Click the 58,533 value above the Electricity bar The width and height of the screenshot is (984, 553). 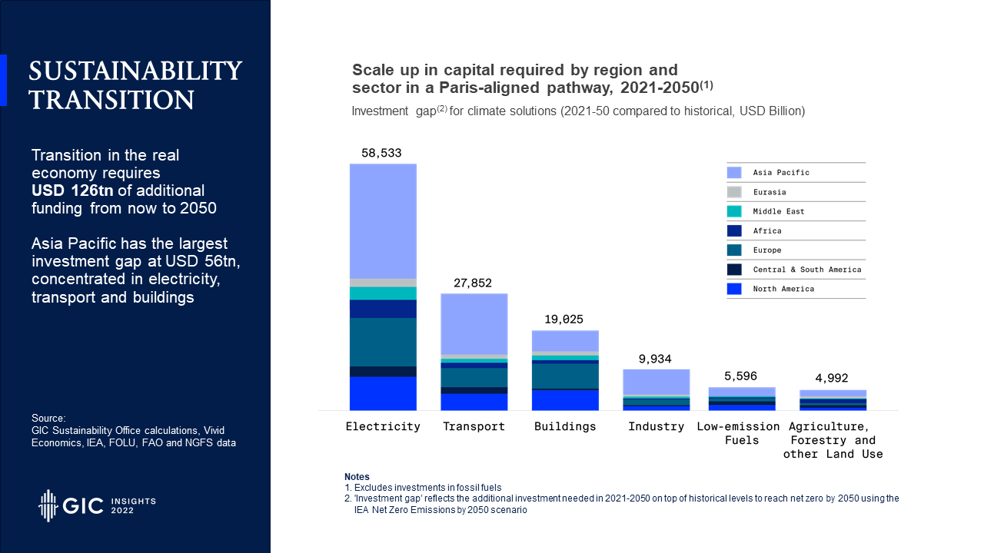point(382,154)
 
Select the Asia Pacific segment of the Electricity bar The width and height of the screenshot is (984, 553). point(383,221)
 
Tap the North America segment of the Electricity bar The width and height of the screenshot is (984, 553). point(383,393)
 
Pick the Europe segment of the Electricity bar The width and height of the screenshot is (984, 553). point(383,342)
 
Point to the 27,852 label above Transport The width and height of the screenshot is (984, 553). point(474,283)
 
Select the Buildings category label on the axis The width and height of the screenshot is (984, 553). point(565,426)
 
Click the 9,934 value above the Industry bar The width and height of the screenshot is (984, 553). point(656,359)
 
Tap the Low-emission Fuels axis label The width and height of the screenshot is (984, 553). point(738,433)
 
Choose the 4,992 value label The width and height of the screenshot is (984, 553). point(833,378)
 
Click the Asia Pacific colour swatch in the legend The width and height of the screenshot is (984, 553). point(734,173)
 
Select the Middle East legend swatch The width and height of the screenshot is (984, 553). point(734,211)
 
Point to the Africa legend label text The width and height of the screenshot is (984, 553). point(767,230)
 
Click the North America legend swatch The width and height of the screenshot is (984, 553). point(734,289)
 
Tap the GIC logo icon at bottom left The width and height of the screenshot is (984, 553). point(48,505)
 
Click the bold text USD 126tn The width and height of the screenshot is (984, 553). point(72,190)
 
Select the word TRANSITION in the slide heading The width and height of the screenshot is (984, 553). point(111,100)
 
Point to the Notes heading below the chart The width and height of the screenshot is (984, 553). point(357,477)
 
